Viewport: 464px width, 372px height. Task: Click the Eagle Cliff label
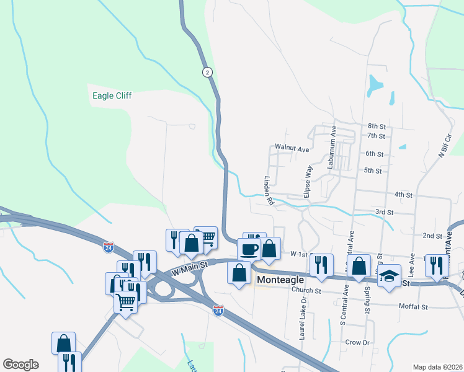112,95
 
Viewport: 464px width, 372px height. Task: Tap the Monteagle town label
280,280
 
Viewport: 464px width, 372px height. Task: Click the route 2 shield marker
207,72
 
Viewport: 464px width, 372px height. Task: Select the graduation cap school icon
389,276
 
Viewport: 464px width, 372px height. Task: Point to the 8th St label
376,126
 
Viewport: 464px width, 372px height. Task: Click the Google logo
20,365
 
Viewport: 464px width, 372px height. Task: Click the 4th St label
403,195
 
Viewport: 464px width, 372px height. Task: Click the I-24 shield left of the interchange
109,247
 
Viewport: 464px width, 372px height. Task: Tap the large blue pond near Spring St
376,85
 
